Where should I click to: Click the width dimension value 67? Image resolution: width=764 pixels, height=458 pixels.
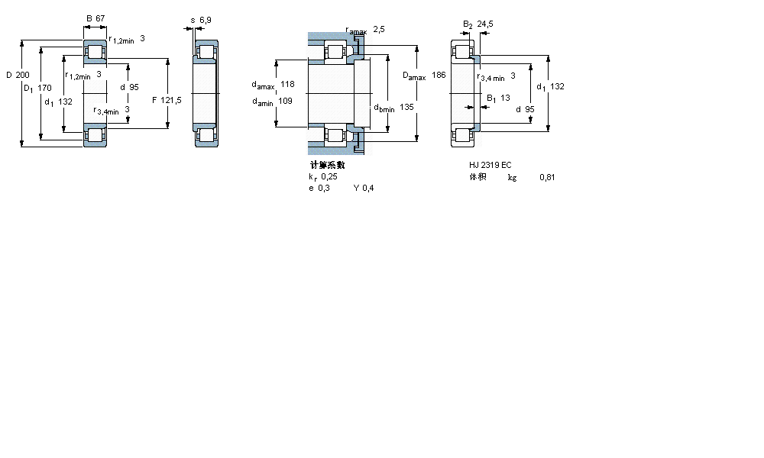99,18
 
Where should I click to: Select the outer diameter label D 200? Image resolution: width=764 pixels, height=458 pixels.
17,75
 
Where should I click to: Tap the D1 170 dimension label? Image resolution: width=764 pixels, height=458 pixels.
37,88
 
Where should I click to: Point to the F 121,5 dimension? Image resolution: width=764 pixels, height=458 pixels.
167,100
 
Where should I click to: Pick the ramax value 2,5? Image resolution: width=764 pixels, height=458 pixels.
379,29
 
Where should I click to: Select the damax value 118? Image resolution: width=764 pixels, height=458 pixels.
287,84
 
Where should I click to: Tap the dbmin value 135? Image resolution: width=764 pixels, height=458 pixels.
406,108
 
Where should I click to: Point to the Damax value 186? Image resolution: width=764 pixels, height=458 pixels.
439,76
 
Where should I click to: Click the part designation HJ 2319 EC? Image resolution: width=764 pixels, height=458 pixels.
490,166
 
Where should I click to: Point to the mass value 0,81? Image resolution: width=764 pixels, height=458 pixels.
546,178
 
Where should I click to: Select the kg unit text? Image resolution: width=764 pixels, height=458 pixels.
512,178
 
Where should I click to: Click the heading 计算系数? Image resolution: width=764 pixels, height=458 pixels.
327,165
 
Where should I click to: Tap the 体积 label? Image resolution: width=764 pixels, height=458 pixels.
477,177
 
